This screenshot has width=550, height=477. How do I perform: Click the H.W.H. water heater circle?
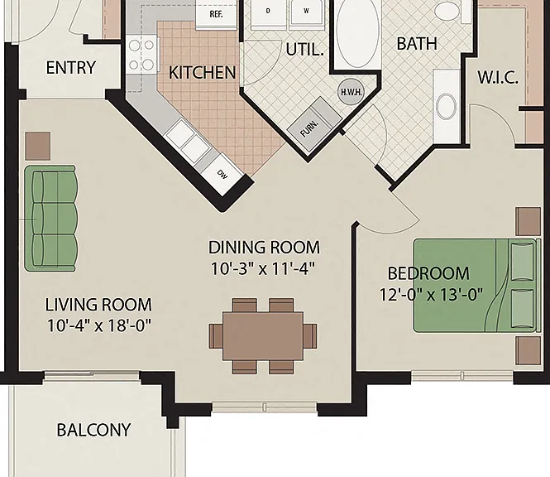click(x=351, y=92)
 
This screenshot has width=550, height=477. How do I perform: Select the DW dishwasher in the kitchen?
click(x=222, y=174)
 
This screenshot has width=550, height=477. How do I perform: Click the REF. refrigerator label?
click(x=216, y=14)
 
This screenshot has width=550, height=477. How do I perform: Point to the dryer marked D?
click(x=268, y=13)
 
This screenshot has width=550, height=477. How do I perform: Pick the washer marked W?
click(x=307, y=13)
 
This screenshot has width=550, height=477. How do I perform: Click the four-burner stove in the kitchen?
click(x=141, y=55)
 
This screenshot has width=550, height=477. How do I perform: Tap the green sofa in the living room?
click(x=50, y=219)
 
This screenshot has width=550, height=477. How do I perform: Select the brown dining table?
click(x=263, y=335)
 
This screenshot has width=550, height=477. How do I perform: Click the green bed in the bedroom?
click(x=476, y=286)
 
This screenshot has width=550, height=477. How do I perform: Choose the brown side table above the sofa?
click(x=38, y=146)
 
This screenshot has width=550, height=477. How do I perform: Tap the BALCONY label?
click(x=93, y=430)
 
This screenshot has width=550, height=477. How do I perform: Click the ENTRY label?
click(x=71, y=67)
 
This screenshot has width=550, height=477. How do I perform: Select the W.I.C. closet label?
click(x=498, y=77)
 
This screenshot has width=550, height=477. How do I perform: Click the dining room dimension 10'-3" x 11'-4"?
click(x=263, y=269)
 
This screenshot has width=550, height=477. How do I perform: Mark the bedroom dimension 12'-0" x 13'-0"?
click(x=431, y=294)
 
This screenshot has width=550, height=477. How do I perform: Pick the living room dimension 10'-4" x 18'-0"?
click(x=99, y=325)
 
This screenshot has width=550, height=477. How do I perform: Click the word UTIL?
click(x=304, y=50)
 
